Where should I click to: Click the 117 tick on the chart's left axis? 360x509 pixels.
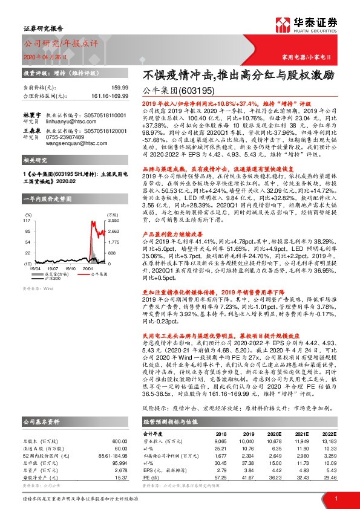tap(28, 205)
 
